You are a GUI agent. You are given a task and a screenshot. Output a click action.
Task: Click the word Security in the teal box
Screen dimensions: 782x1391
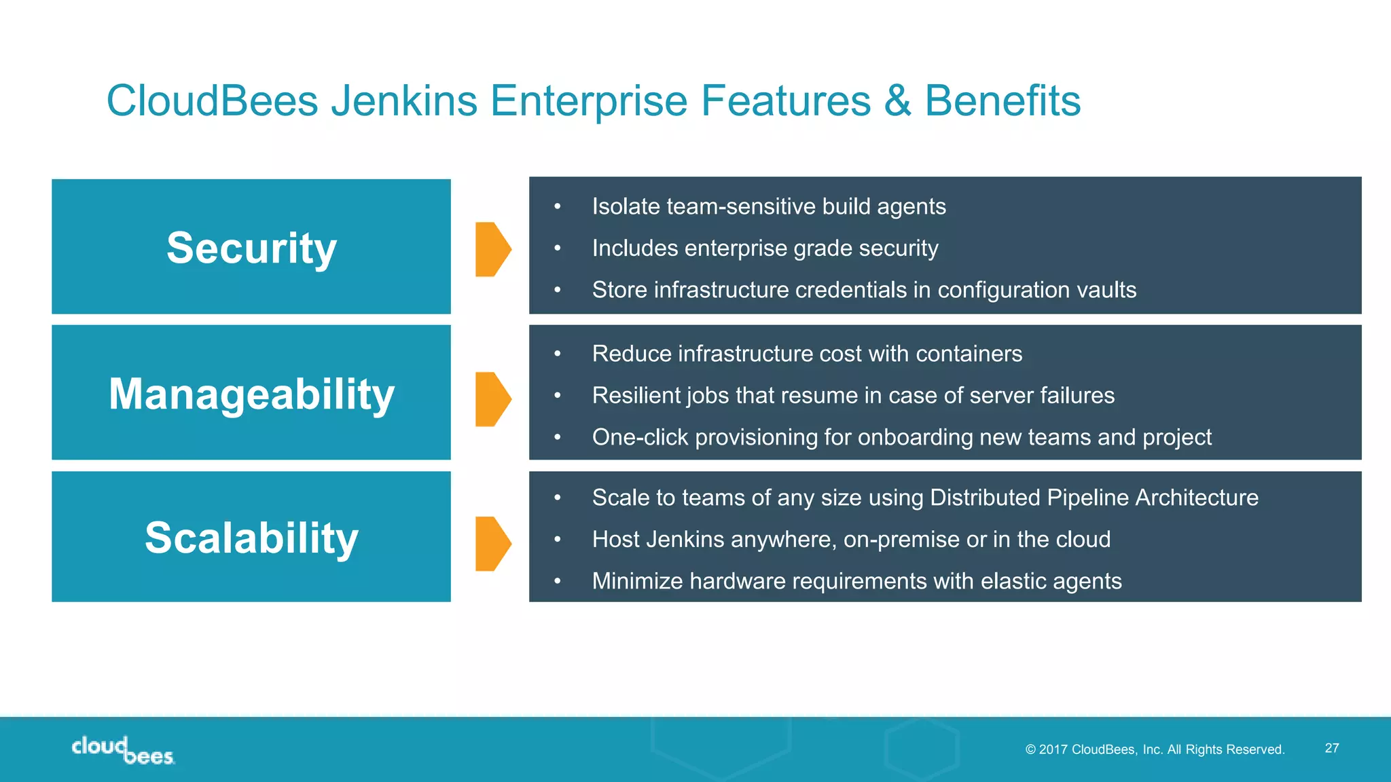coord(251,248)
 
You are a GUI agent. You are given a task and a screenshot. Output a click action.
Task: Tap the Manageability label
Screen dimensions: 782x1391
coord(251,394)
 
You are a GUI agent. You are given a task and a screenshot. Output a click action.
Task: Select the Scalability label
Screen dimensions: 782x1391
coord(251,538)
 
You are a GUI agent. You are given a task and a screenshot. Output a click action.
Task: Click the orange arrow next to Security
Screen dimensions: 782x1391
coord(492,249)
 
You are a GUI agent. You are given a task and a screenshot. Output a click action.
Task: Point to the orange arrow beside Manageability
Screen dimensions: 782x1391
coord(492,399)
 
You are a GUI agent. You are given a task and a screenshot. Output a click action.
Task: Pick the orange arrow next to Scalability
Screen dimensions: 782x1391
coord(492,544)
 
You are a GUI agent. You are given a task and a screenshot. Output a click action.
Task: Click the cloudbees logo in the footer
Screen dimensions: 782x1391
coord(123,751)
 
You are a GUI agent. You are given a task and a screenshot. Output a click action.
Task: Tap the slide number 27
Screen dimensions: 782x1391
coord(1332,748)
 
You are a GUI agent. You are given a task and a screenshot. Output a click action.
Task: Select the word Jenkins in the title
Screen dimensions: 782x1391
coord(404,101)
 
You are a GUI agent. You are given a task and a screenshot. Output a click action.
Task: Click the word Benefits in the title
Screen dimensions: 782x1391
coord(1002,101)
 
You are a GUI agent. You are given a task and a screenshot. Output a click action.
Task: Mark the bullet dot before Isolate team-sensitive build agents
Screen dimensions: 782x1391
coord(558,206)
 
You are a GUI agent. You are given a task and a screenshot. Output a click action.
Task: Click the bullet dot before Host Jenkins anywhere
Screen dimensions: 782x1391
coord(558,540)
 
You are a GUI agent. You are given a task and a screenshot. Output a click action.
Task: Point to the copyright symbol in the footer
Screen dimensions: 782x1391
coord(1030,749)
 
